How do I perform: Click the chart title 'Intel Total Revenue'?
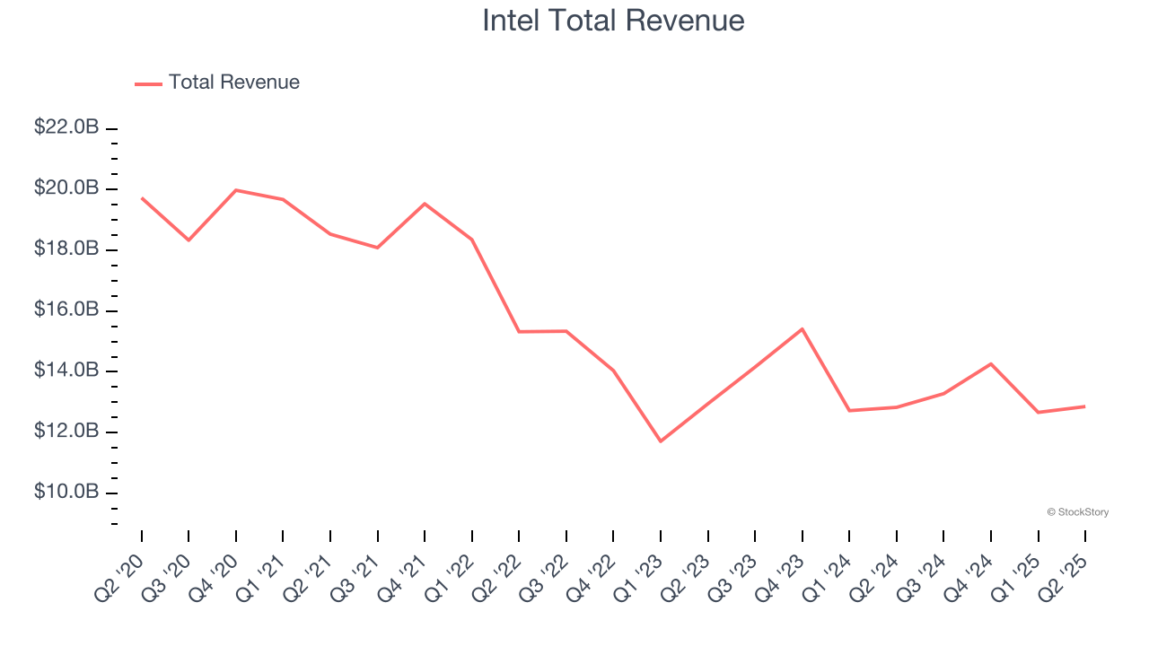(x=613, y=21)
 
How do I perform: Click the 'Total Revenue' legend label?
(x=233, y=83)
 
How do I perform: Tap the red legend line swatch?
(x=148, y=83)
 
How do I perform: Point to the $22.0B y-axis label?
(x=66, y=127)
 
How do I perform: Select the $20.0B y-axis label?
(x=66, y=188)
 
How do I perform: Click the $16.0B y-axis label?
(x=66, y=310)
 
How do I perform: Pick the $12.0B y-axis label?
(x=66, y=432)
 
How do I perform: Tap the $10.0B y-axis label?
(x=66, y=493)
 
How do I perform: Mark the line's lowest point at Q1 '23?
(x=661, y=441)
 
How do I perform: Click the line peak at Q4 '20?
(x=235, y=190)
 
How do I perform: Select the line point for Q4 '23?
(x=802, y=329)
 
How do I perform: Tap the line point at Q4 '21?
(x=425, y=204)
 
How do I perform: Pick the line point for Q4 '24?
(x=991, y=363)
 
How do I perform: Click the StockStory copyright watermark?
(x=1077, y=512)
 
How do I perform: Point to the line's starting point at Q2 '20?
(x=142, y=197)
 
